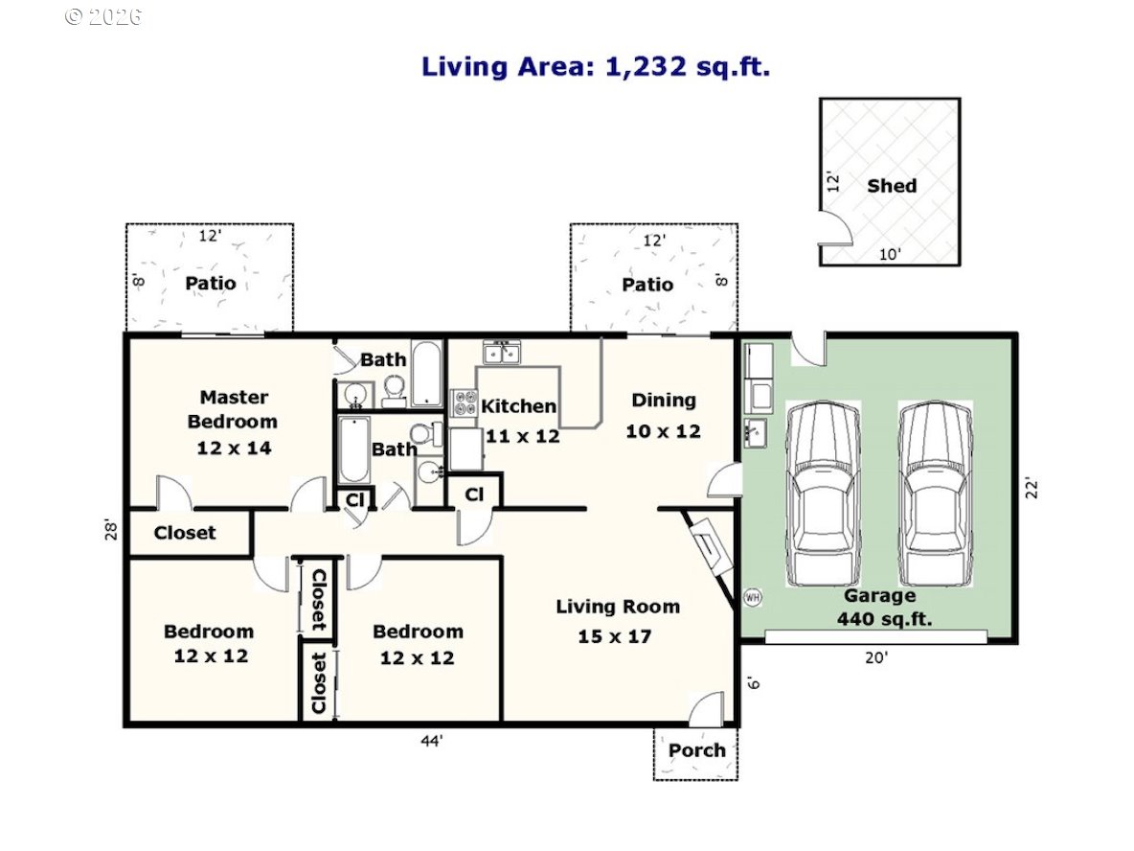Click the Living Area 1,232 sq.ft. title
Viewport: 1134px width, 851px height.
(x=595, y=66)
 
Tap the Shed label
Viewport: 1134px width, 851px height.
(x=892, y=186)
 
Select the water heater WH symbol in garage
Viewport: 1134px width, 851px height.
(x=752, y=598)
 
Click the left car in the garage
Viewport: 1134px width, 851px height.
(x=823, y=494)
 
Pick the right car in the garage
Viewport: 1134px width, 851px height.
(x=935, y=494)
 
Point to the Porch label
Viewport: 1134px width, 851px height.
(x=696, y=750)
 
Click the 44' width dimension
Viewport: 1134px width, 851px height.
(x=432, y=741)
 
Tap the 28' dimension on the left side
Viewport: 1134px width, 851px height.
(x=111, y=529)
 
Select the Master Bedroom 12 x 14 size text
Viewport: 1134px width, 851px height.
(x=235, y=448)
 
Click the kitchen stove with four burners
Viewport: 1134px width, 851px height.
(x=465, y=403)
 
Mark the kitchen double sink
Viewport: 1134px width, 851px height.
(x=502, y=353)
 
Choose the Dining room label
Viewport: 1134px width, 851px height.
(x=664, y=401)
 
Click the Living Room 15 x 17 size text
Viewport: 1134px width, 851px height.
(x=615, y=636)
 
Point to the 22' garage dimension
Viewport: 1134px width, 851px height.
(x=1032, y=489)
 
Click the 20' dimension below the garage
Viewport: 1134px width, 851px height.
(x=876, y=657)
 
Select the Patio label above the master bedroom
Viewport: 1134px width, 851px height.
(x=211, y=283)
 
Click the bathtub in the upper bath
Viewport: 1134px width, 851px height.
(x=427, y=374)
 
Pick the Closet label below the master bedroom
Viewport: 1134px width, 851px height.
(x=185, y=534)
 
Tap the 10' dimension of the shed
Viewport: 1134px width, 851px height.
(x=890, y=255)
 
